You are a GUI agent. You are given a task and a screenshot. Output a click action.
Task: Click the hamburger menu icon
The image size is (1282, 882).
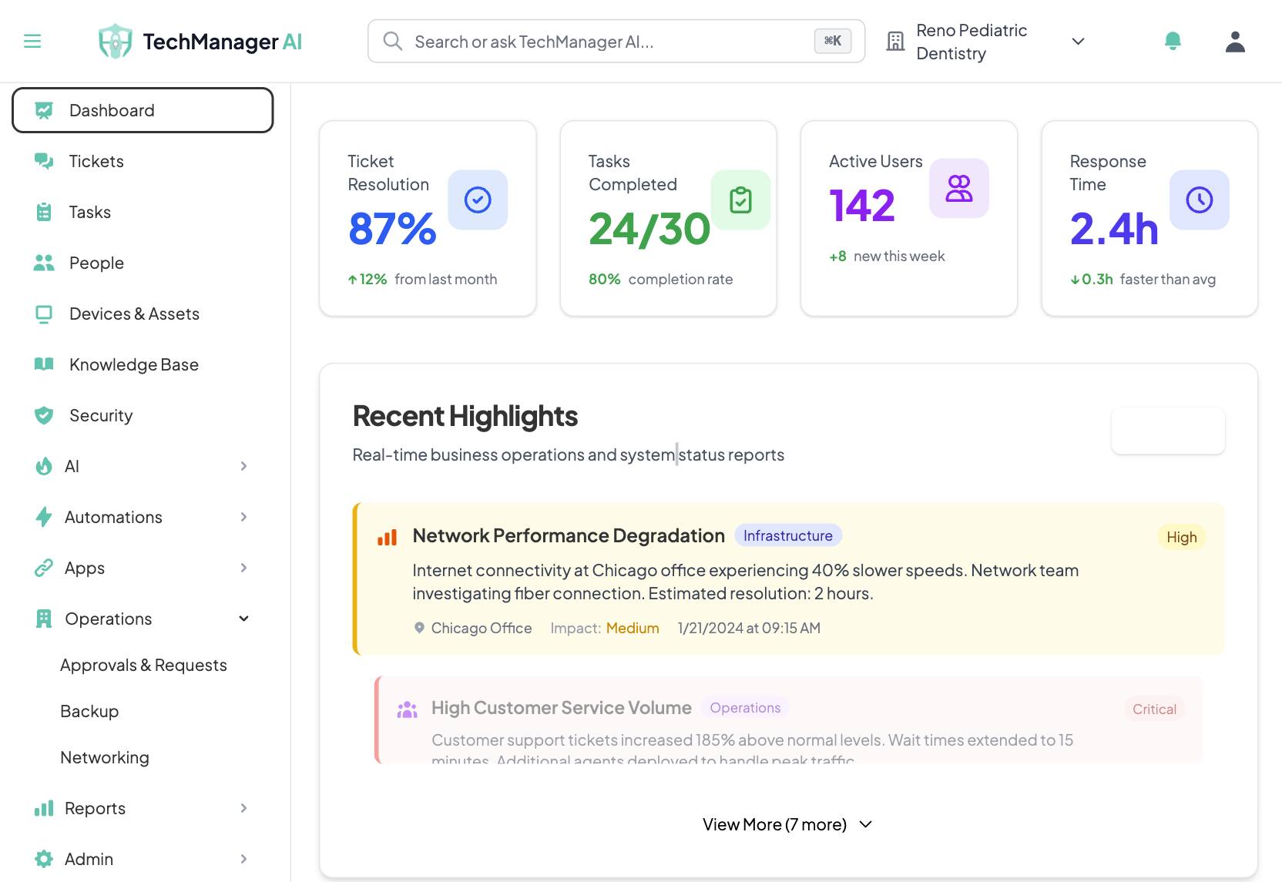[32, 41]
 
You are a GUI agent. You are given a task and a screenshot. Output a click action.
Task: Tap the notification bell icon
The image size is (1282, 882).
[1173, 41]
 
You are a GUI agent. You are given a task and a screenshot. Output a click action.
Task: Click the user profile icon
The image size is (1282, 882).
[1235, 42]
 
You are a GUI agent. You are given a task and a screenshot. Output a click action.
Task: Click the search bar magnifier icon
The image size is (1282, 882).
[393, 41]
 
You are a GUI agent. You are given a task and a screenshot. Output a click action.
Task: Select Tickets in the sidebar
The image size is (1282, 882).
[96, 161]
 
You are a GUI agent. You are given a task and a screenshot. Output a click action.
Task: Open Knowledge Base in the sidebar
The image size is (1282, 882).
[133, 364]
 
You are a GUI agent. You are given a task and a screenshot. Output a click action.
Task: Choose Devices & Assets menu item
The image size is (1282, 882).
[134, 314]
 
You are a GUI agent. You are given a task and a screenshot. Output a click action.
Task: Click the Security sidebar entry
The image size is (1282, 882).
[101, 415]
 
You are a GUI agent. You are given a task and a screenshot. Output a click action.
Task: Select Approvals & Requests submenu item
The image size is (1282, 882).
[143, 665]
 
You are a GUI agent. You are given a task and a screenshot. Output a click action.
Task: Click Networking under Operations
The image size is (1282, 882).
[105, 757]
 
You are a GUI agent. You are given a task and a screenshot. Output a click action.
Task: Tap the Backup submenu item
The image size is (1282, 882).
[89, 711]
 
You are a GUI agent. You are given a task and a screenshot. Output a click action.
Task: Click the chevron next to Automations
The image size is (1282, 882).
[243, 517]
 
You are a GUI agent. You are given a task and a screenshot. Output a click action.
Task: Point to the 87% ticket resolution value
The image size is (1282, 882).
[392, 229]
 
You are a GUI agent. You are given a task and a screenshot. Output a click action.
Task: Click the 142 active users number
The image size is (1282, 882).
[862, 206]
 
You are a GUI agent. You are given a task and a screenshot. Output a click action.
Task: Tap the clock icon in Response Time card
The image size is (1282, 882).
[1199, 200]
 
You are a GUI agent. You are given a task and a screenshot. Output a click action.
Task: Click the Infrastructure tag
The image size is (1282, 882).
[787, 535]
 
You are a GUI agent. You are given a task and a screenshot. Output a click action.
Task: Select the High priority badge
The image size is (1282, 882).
[1181, 537]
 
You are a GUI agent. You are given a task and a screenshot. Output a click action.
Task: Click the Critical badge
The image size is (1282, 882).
[1153, 709]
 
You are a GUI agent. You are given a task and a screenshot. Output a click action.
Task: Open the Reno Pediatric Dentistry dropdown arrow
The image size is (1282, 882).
[1078, 42]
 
